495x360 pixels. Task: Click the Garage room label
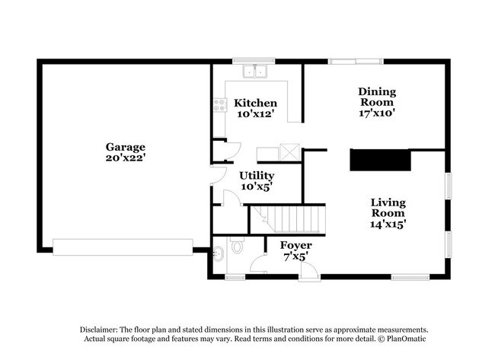126,147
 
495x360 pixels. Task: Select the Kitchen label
255,103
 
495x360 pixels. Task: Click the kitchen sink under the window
254,72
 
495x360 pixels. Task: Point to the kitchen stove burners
220,104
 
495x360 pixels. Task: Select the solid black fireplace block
380,160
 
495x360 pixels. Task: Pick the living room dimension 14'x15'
388,224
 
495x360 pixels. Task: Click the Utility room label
257,175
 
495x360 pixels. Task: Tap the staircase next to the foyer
289,221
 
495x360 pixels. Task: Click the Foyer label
295,245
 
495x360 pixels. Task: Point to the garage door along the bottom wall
122,247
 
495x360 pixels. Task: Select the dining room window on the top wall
356,60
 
